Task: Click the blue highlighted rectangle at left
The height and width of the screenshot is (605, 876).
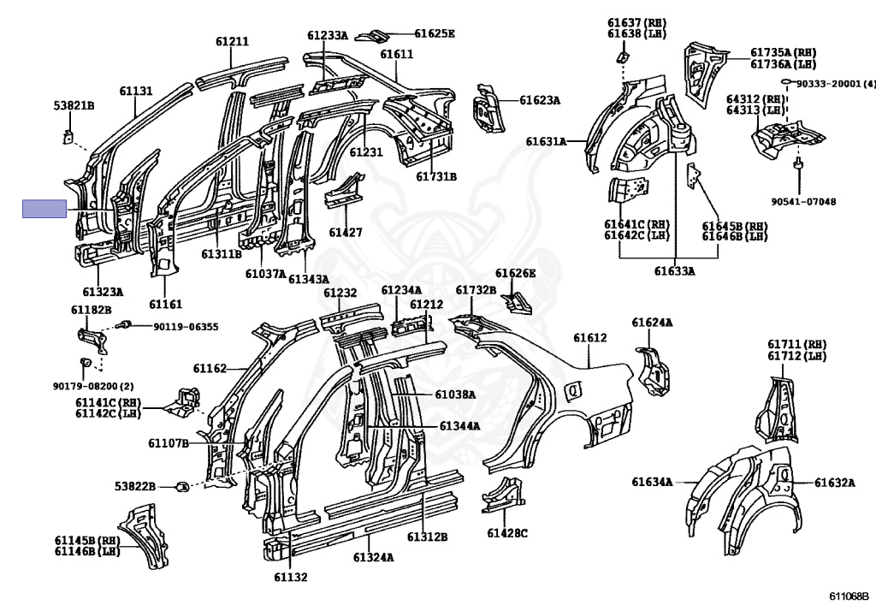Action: coord(44,209)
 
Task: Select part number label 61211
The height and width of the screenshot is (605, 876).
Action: coord(232,41)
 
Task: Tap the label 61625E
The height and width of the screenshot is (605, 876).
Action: coord(435,34)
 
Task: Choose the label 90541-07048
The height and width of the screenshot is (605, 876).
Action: coord(803,201)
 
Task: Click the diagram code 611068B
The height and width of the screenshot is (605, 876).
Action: coord(848,596)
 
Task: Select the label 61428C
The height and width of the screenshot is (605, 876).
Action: coord(507,533)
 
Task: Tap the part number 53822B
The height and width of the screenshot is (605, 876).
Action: coord(135,486)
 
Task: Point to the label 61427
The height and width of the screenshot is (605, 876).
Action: coord(346,233)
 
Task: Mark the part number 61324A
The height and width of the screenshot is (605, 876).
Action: coord(373,557)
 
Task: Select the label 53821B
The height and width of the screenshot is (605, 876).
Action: coord(74,105)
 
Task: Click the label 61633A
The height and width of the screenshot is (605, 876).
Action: coord(675,271)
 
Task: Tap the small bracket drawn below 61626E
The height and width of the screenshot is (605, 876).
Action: coord(514,301)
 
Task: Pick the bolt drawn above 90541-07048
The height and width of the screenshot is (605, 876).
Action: coord(797,164)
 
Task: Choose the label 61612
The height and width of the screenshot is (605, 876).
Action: coord(589,338)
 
